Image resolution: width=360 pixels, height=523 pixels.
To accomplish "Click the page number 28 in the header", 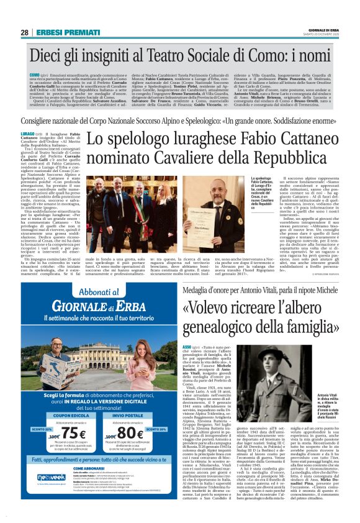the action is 25,33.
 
